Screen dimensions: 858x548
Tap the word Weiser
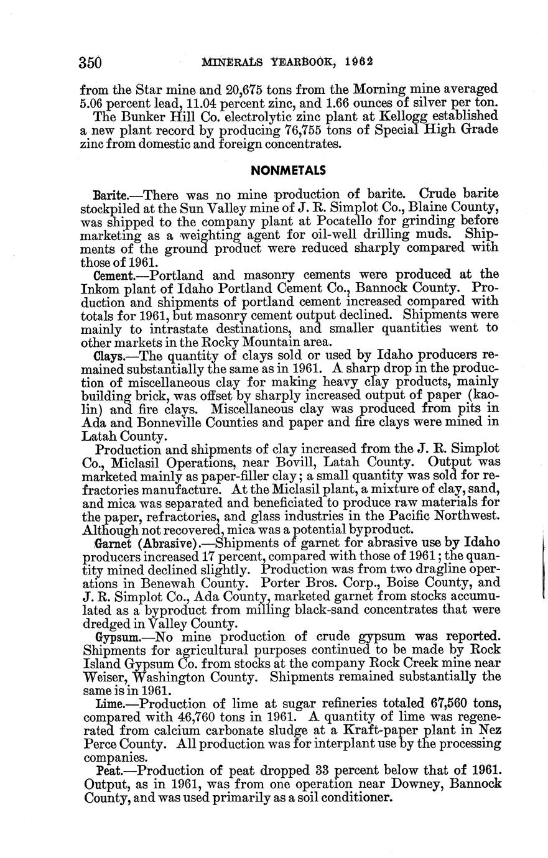click(104, 677)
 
